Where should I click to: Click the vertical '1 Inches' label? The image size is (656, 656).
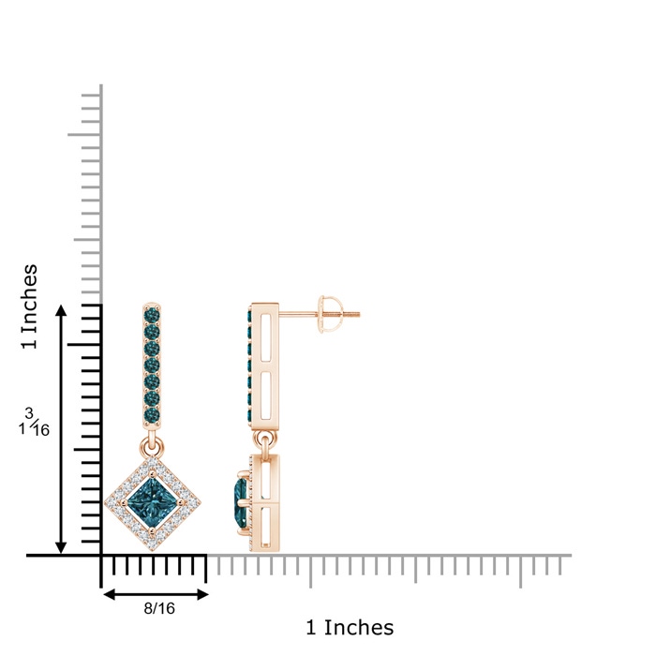pos(29,306)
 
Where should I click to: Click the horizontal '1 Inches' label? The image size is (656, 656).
pos(350,628)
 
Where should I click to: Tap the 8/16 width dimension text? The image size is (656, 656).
pos(159,608)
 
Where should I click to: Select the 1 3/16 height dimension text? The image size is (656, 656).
pos(34,423)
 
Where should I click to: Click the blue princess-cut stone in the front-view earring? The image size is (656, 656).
pos(152,500)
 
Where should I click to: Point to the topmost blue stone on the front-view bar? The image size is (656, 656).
pos(152,315)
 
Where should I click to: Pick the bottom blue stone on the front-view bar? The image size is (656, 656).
pos(152,414)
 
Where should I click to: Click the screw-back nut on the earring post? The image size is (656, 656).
pos(325,314)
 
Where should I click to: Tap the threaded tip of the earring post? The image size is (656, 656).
pos(353,314)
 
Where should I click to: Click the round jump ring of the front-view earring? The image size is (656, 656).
pos(152,446)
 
